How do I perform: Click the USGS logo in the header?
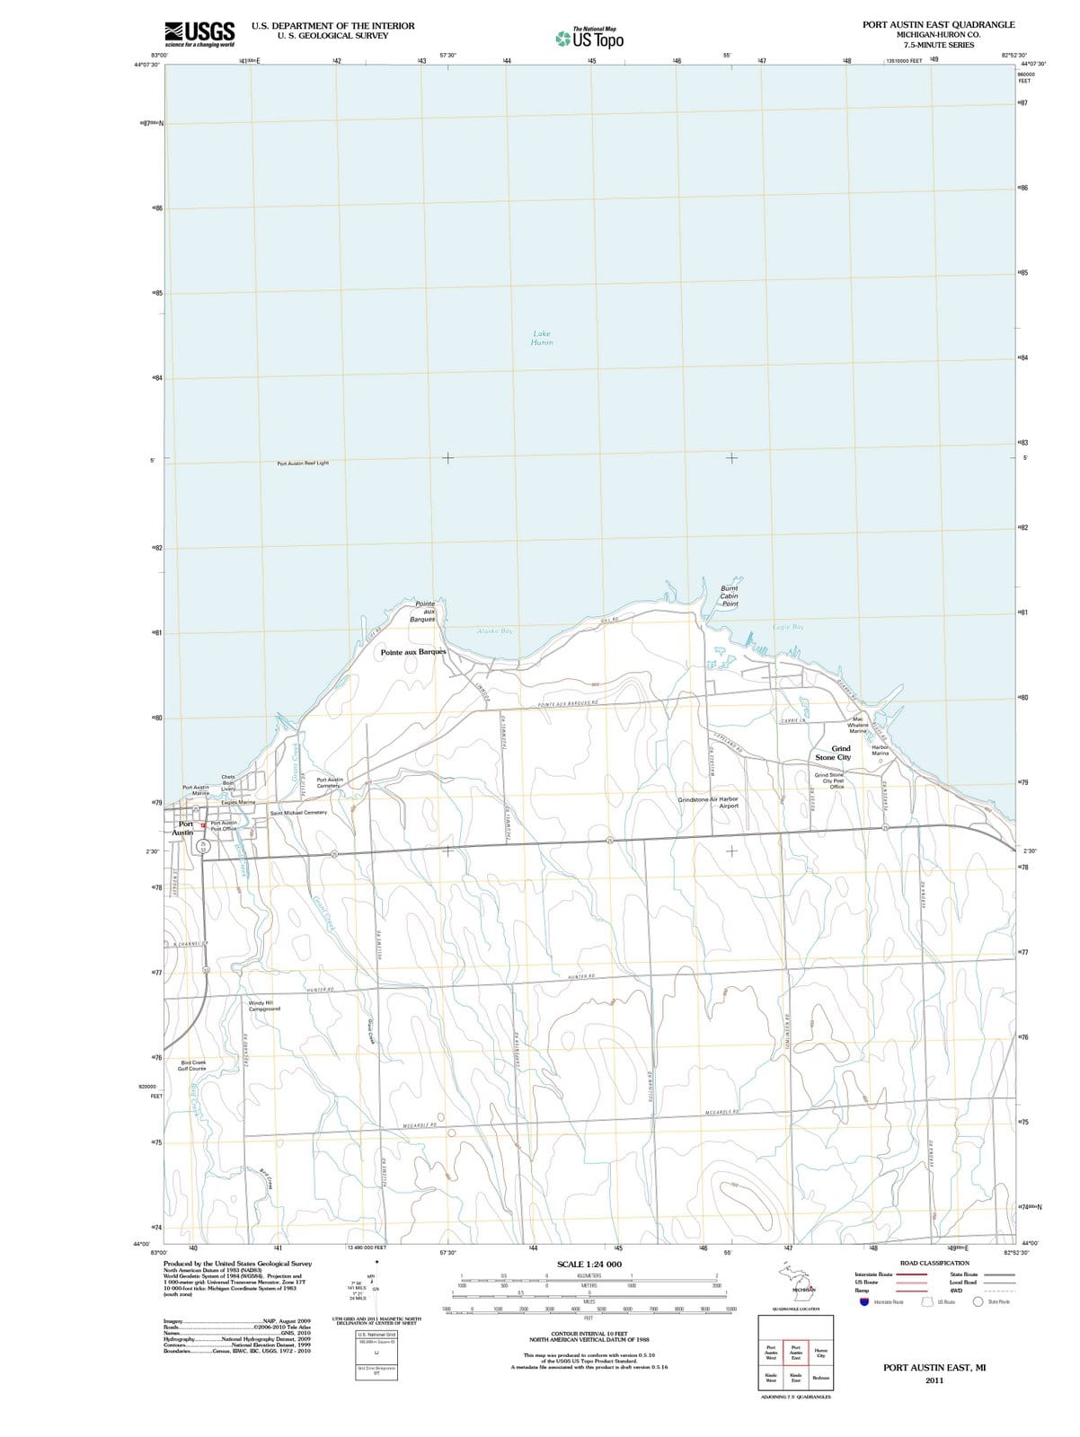coord(200,33)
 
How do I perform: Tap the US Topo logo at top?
coord(589,39)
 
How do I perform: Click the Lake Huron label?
coord(542,338)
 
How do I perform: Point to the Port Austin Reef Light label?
coord(303,463)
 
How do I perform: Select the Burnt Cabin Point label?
coord(730,596)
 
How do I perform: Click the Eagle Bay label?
coord(788,626)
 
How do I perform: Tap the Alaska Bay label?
coord(495,631)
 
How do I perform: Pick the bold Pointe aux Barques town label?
coord(412,651)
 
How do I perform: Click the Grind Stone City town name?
coord(833,753)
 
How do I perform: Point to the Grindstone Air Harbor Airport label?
coord(708,802)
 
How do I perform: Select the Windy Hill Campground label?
coord(264,1005)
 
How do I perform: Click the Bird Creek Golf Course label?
coord(192,1065)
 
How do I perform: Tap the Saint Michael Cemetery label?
coord(298,812)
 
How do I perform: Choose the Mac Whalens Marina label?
coord(858,725)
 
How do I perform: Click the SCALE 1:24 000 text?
coord(589,1264)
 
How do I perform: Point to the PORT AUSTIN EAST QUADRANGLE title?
coord(938,25)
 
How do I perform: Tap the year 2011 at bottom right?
coord(934,1380)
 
